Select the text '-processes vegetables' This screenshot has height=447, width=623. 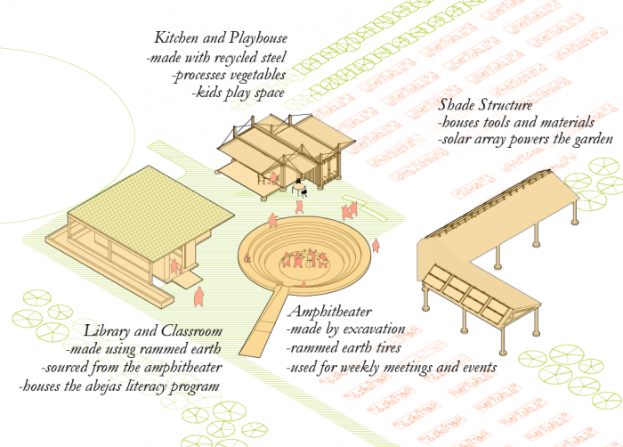(229, 76)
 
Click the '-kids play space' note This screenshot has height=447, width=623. (239, 93)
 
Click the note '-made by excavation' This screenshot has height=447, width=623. (345, 329)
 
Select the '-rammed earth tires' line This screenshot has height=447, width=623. (341, 348)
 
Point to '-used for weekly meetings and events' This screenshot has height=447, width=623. (391, 367)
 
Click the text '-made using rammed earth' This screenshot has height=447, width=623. (142, 349)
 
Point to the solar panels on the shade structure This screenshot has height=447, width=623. (463, 289)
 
